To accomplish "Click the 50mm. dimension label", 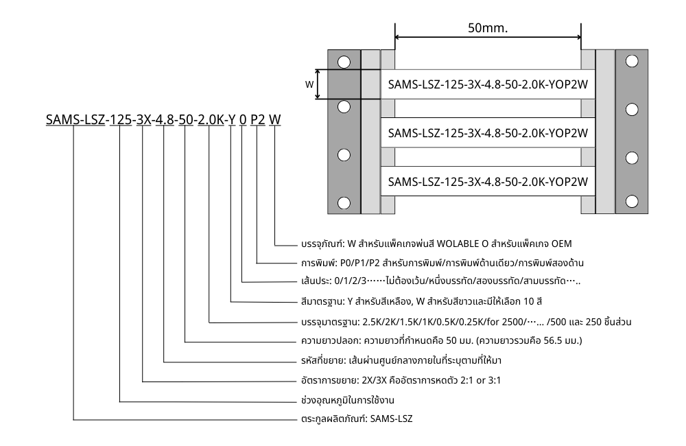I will [x=488, y=30].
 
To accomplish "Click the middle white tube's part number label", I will [x=488, y=132].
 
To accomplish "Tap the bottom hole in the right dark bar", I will [x=632, y=202].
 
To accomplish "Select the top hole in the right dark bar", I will [x=632, y=61].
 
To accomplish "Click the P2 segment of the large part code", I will [x=257, y=120].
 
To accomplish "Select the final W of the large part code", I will [x=274, y=120].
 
